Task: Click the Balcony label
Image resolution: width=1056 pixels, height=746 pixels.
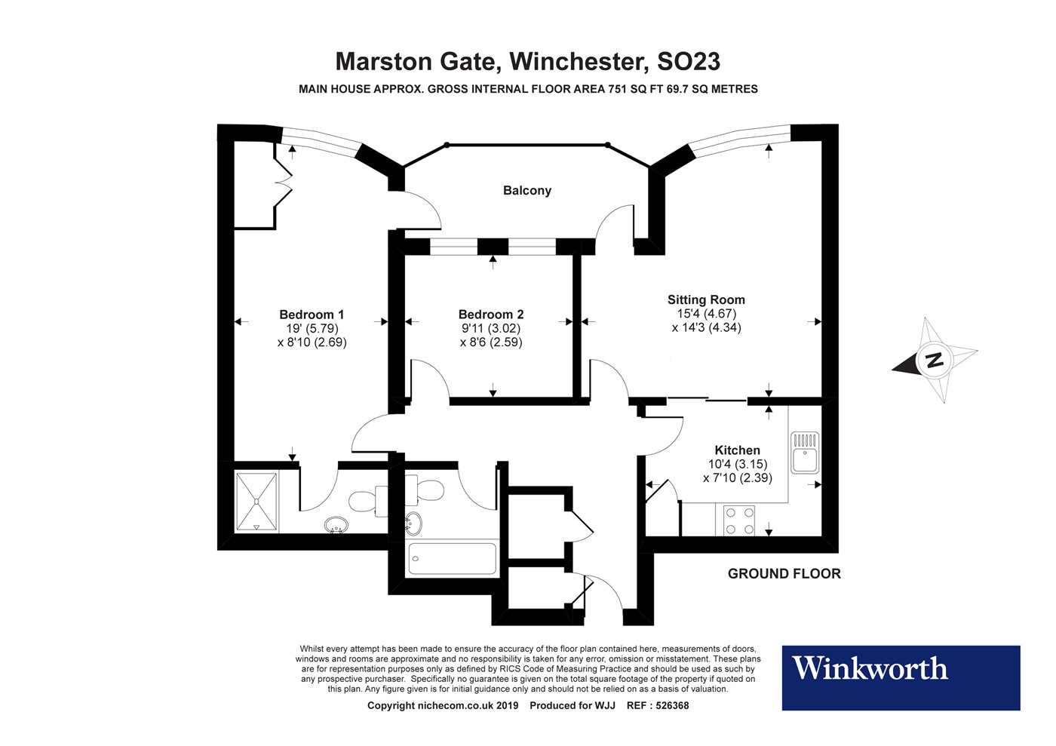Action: tap(526, 191)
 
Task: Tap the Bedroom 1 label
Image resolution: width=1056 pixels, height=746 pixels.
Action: tap(312, 315)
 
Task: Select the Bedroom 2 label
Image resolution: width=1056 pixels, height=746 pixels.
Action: tap(491, 315)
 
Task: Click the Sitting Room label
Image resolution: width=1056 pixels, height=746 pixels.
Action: tap(706, 299)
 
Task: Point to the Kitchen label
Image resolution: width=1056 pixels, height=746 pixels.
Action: tap(737, 450)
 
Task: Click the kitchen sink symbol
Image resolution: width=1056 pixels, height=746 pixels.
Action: tap(804, 452)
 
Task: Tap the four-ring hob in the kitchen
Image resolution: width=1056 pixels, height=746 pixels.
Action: tap(739, 520)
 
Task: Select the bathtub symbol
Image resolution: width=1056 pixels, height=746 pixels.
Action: tap(452, 559)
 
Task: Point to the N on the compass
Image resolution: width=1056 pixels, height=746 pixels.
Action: tap(935, 360)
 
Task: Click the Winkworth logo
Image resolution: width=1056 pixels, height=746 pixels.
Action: tap(901, 677)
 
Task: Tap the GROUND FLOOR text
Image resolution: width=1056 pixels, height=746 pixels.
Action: tap(784, 574)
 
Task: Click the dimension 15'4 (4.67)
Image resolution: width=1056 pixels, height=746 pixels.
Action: tap(706, 314)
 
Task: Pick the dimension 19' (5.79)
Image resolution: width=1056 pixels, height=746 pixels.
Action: tap(312, 328)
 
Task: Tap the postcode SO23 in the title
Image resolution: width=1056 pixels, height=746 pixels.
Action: tap(689, 60)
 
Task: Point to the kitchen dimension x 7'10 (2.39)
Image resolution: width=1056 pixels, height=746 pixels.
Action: tap(737, 477)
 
